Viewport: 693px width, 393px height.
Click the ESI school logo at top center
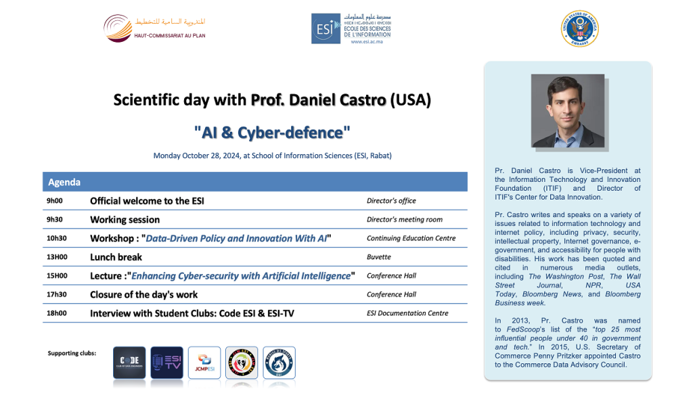(351, 28)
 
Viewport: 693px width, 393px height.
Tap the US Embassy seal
(579, 28)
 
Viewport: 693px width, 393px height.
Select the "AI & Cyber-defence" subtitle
(272, 131)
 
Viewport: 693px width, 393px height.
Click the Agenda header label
(64, 182)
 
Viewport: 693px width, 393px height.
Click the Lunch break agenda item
(116, 257)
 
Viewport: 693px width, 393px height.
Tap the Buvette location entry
(379, 257)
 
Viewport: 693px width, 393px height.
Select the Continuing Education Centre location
(411, 238)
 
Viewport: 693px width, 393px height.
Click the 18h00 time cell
(57, 313)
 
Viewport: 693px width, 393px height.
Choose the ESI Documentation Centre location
(407, 313)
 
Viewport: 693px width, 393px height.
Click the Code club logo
(129, 362)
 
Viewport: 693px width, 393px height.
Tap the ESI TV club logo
(166, 362)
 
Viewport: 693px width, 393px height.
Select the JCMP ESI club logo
(204, 362)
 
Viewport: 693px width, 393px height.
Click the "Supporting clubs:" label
(72, 353)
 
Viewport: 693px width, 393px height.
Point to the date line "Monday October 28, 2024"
(272, 156)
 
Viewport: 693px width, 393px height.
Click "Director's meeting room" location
(404, 220)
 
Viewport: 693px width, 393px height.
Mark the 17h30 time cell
(57, 294)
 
